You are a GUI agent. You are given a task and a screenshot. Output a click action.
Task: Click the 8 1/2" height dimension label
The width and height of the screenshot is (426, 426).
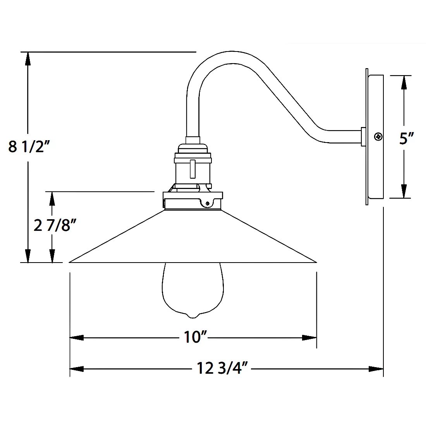(29, 147)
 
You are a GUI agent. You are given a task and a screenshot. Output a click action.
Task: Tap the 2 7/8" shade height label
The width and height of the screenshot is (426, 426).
(52, 225)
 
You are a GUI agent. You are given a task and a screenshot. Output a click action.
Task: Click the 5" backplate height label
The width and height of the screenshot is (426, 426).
(407, 138)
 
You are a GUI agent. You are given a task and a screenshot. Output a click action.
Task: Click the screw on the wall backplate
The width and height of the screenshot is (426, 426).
(378, 136)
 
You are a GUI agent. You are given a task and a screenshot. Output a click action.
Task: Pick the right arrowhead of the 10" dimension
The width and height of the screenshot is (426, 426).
(310, 337)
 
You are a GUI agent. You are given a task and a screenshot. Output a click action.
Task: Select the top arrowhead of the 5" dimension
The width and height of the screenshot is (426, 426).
(404, 82)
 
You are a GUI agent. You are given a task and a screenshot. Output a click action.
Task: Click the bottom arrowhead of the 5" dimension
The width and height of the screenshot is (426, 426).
(404, 191)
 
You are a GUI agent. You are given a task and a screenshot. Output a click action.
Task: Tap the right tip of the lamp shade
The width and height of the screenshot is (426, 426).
(316, 262)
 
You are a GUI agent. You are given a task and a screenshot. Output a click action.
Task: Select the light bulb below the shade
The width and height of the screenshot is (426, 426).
(192, 289)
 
